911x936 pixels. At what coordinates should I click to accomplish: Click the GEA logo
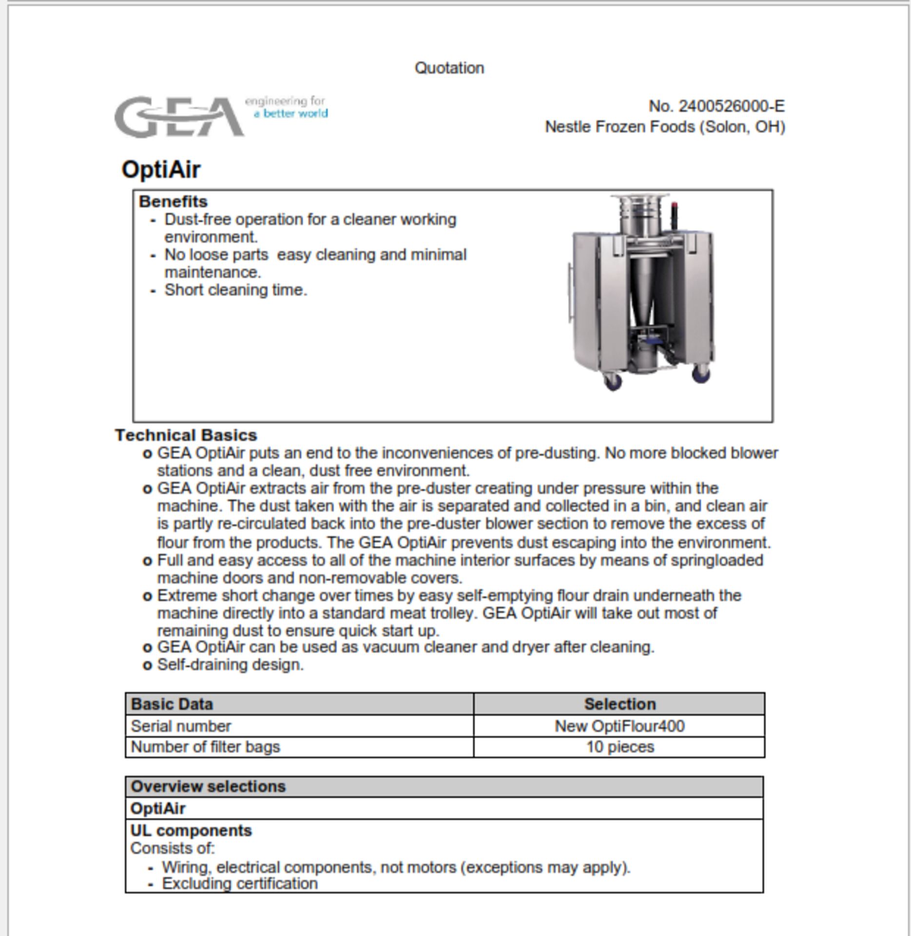[x=179, y=117]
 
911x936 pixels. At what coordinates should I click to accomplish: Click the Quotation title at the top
[x=449, y=68]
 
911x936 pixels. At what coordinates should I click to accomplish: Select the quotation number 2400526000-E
[x=717, y=106]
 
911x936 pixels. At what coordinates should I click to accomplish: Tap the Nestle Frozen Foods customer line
[x=664, y=127]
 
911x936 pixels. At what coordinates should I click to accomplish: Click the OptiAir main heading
[x=161, y=170]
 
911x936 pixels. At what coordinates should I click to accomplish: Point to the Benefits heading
[x=173, y=201]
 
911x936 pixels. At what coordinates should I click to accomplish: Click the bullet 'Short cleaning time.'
[x=235, y=290]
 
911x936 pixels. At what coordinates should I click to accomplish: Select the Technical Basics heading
[x=186, y=435]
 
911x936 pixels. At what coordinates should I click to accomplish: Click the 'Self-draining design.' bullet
[x=230, y=664]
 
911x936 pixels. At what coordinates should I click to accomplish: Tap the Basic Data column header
[x=172, y=704]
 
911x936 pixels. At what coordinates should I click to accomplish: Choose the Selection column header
[x=620, y=704]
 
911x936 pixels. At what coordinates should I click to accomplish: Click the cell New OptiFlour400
[x=620, y=726]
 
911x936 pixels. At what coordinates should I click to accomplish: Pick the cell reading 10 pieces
[x=620, y=747]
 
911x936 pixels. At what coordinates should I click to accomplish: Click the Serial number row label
[x=180, y=726]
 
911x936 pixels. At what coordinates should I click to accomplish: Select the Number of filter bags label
[x=205, y=747]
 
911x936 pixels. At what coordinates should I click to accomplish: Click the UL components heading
[x=191, y=830]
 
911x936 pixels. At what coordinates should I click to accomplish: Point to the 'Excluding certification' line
[x=239, y=883]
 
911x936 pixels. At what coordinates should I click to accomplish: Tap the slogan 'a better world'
[x=291, y=114]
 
